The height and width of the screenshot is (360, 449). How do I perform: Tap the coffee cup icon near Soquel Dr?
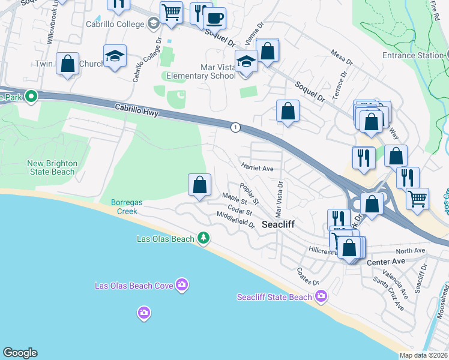(x=214, y=17)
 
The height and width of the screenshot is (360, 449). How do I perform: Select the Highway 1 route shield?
(x=235, y=127)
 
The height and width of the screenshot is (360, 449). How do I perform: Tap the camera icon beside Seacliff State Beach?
(x=322, y=296)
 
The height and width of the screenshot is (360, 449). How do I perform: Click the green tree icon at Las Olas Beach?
(x=204, y=238)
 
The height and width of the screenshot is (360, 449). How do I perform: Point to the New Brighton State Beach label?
(x=51, y=167)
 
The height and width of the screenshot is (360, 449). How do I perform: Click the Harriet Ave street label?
(x=257, y=169)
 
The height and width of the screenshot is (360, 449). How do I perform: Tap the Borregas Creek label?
(x=127, y=207)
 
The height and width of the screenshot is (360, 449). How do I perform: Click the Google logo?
(x=20, y=353)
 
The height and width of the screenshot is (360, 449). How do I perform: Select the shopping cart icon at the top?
(x=172, y=11)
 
